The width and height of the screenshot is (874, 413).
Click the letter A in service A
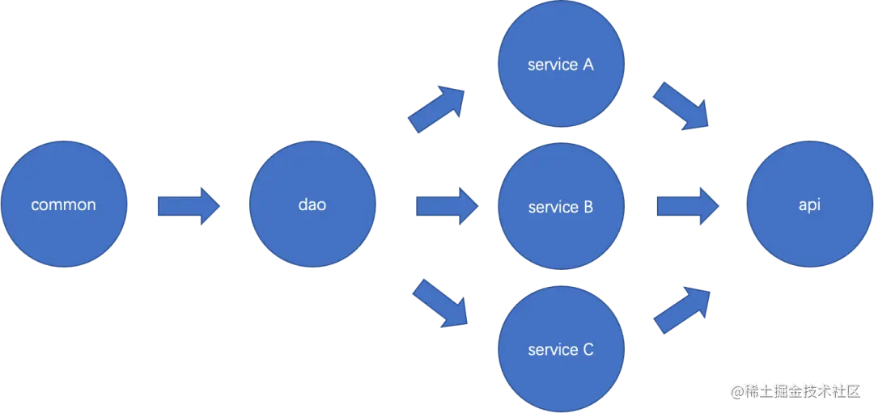coord(588,65)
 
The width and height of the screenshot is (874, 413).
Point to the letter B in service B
coord(588,207)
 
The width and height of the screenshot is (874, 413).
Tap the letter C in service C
coord(588,350)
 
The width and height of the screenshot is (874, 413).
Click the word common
coord(63,205)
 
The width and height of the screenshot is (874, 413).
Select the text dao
coord(312,205)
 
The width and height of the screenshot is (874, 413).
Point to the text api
coord(809,205)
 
